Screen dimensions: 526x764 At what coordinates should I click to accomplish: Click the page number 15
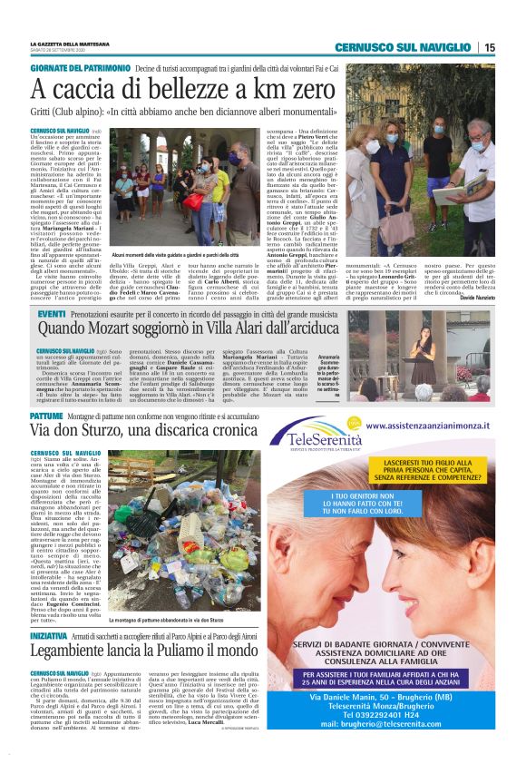490,47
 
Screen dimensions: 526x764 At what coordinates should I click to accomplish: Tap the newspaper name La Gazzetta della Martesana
73,44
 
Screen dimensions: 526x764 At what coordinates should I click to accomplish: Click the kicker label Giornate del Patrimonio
80,68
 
